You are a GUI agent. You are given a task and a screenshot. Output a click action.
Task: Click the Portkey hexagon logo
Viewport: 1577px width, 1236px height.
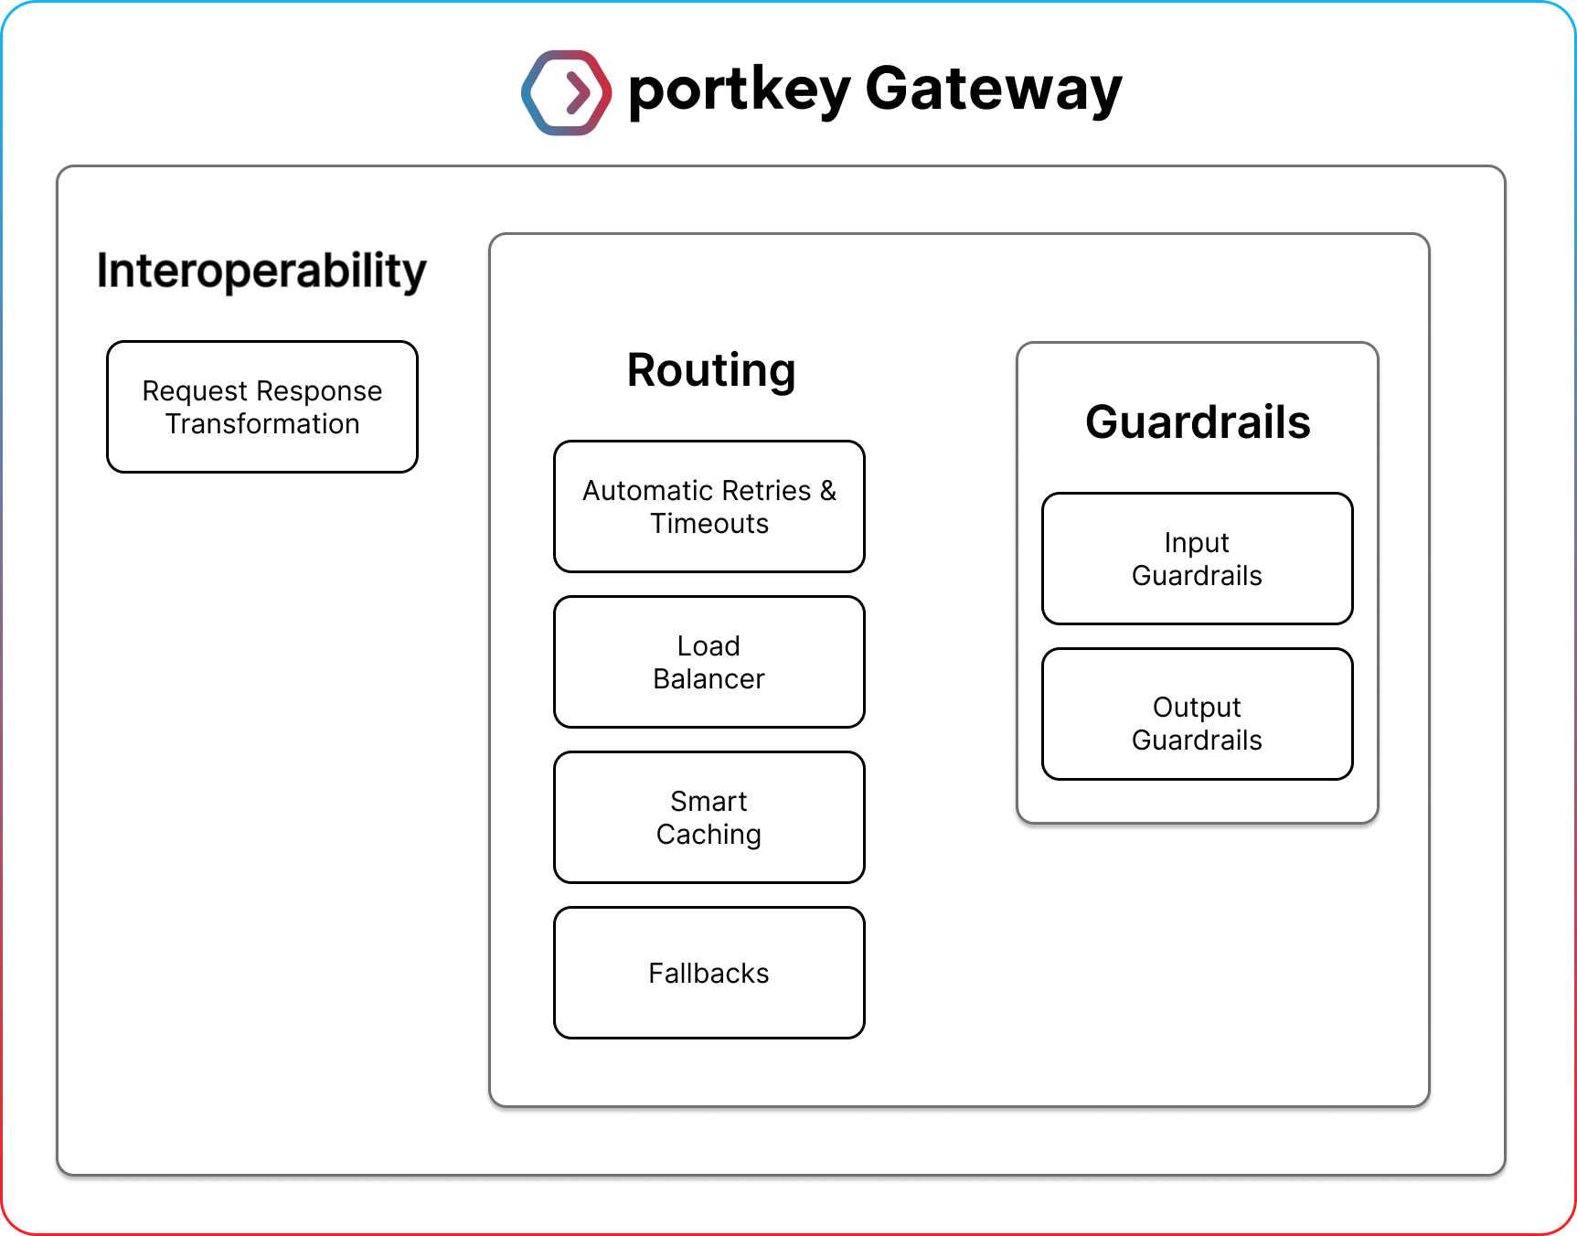[566, 92]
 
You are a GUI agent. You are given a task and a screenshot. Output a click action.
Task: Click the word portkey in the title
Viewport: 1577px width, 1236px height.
[740, 91]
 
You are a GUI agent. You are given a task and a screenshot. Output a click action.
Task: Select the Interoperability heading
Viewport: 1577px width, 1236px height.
[261, 271]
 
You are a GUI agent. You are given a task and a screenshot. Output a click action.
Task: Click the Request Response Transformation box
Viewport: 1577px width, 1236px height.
[262, 407]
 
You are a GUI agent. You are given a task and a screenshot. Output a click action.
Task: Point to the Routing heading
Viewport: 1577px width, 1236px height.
[711, 370]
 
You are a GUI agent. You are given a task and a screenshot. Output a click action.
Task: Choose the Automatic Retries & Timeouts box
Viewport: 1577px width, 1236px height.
[709, 506]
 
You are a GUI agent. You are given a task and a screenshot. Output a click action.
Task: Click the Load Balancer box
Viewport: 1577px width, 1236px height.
[709, 662]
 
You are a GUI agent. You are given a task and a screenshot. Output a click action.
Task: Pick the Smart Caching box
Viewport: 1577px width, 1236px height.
[709, 817]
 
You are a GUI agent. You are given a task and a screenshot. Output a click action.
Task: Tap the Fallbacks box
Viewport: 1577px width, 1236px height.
[709, 973]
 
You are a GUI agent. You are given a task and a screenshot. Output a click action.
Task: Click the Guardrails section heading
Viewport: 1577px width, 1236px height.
[1198, 422]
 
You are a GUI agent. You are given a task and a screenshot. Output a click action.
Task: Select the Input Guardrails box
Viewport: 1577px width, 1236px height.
[1198, 559]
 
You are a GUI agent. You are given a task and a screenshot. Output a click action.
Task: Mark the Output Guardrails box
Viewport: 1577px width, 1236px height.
[1198, 714]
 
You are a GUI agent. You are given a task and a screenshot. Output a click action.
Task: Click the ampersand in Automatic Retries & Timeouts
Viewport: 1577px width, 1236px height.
[828, 491]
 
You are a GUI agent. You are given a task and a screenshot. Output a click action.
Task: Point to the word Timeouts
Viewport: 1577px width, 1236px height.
[709, 524]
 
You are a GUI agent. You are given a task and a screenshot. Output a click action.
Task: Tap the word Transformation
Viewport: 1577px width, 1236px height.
[262, 424]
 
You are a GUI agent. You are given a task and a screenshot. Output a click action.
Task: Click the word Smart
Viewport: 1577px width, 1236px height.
[709, 802]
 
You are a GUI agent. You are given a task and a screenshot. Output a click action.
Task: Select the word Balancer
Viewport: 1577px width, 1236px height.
[709, 679]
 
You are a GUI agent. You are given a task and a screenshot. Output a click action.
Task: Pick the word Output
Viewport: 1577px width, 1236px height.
[1197, 708]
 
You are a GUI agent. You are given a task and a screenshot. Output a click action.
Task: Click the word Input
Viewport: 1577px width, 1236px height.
[1197, 543]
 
